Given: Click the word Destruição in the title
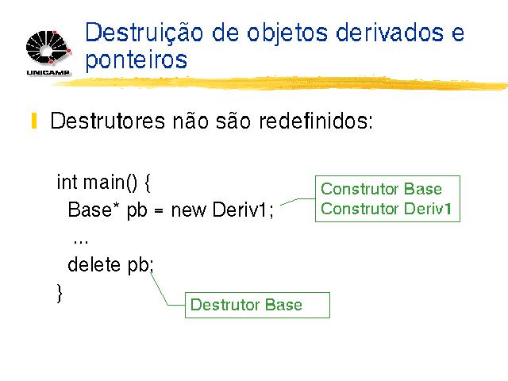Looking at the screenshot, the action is [144, 33].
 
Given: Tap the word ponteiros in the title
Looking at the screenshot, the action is [137, 60].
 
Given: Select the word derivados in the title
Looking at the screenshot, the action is [390, 33].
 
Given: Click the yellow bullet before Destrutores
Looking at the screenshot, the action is [34, 121].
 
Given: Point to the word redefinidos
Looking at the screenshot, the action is [316, 121].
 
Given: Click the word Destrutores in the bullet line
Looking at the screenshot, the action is [108, 121].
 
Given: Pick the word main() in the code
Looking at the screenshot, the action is [110, 182].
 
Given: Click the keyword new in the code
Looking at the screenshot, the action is [189, 210].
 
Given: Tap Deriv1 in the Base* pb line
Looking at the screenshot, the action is [240, 210].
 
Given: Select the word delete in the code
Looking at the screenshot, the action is [94, 264].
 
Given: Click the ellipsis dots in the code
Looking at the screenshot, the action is [81, 242].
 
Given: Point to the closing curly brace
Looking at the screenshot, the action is [60, 293].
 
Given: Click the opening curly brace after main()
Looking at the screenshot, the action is [148, 183].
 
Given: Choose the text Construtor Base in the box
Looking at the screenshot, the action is [381, 189].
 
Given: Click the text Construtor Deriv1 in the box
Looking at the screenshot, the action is [387, 208].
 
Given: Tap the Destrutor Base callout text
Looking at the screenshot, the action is [246, 305].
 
